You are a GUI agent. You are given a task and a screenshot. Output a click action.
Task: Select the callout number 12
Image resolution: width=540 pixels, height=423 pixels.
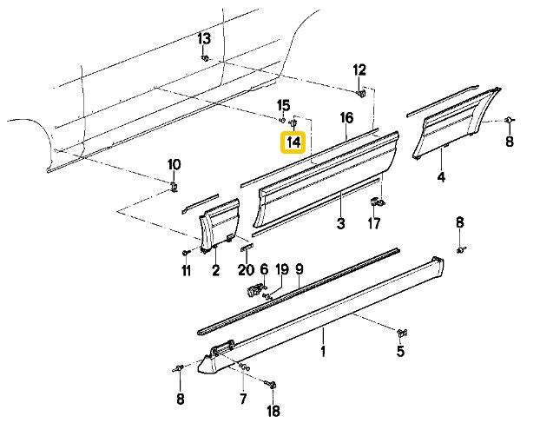click(359, 70)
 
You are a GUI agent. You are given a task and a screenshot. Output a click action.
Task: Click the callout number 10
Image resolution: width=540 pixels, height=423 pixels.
click(174, 165)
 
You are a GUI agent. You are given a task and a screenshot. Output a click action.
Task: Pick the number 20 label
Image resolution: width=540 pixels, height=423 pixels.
click(246, 270)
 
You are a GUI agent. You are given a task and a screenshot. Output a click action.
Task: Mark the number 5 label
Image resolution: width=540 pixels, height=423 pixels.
click(400, 351)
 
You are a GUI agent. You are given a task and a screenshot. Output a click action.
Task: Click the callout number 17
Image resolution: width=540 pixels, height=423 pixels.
click(374, 224)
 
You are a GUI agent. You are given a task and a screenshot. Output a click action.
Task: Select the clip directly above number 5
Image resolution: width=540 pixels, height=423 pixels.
click(401, 333)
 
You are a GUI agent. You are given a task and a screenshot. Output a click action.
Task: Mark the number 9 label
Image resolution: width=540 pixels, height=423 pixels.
click(299, 269)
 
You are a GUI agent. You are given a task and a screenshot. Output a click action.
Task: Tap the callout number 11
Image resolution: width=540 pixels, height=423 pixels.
click(185, 271)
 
